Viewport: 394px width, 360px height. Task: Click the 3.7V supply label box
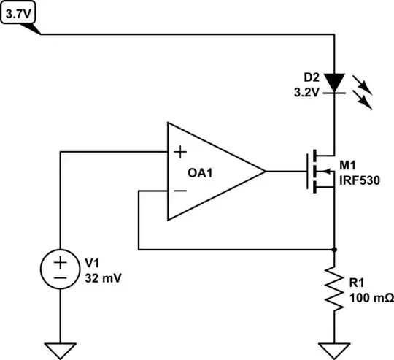click(18, 12)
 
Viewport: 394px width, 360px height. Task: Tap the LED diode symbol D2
click(334, 82)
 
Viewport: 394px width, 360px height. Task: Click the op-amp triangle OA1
click(212, 172)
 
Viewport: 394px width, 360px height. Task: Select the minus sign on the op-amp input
click(179, 192)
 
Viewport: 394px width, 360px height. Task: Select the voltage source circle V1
click(61, 269)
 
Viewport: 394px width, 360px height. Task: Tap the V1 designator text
click(93, 262)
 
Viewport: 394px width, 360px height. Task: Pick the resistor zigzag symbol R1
click(334, 289)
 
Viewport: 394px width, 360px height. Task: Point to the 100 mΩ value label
click(371, 299)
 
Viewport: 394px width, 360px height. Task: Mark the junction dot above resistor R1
click(334, 249)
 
